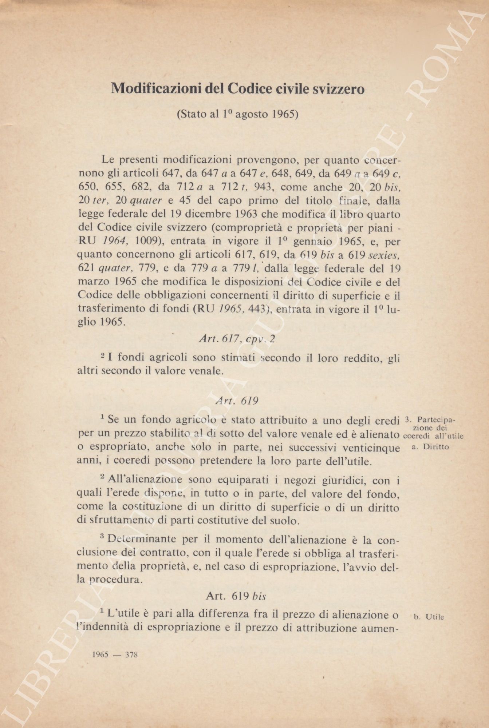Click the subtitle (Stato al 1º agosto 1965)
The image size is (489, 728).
[237, 114]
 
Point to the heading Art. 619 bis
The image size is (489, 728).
[236, 596]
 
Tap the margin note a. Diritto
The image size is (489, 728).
[430, 447]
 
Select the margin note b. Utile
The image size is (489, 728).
[429, 617]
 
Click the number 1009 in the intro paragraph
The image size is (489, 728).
[147, 241]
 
